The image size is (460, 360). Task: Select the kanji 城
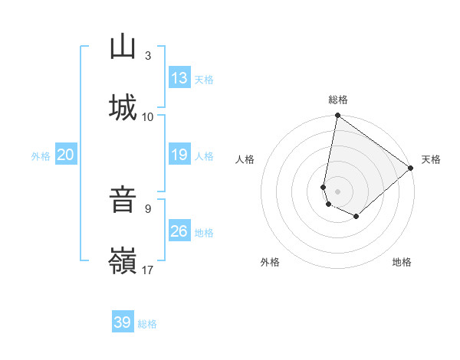[123, 107]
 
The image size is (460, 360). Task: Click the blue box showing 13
[179, 78]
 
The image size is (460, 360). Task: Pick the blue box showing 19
[179, 155]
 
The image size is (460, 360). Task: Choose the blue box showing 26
[179, 231]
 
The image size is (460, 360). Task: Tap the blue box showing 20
[66, 155]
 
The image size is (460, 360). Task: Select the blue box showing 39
[123, 322]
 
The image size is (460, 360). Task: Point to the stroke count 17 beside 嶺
[148, 270]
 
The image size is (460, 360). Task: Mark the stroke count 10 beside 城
[148, 116]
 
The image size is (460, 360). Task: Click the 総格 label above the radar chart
[338, 100]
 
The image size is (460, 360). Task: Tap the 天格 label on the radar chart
[431, 159]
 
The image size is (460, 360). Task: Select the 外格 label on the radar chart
[270, 262]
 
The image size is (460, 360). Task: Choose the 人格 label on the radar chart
[245, 159]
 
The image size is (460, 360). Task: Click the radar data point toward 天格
[411, 169]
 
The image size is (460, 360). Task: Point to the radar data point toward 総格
[338, 116]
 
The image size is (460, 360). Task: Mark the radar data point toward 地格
[356, 217]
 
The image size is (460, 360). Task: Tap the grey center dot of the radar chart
[338, 191]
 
